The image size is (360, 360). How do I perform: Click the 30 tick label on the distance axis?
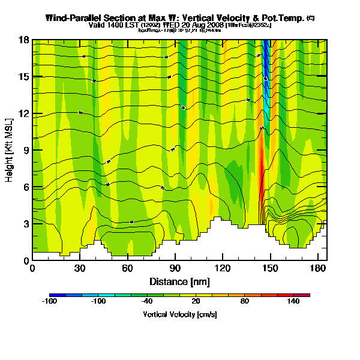point(80,268)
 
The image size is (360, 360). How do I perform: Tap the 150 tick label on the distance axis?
point(271,268)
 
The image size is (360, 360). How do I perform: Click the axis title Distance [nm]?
point(179,281)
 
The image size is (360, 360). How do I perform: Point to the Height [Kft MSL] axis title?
point(10,149)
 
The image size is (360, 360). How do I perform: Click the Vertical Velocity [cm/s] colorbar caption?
point(179,314)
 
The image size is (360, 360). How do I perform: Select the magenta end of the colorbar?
point(307,295)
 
